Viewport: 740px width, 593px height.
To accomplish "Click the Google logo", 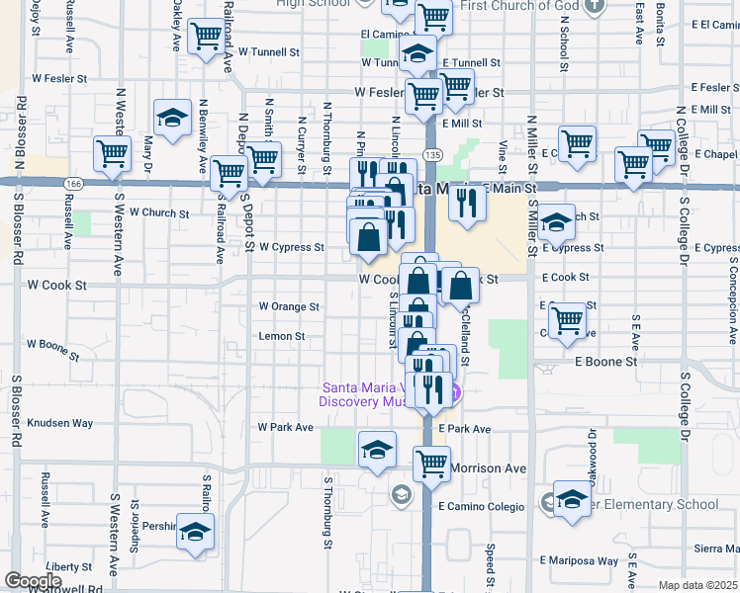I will [x=33, y=581].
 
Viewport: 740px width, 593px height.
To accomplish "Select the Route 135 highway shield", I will [x=432, y=155].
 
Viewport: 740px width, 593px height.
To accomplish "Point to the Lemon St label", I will [x=281, y=336].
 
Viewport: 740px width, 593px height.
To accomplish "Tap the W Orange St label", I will [x=289, y=306].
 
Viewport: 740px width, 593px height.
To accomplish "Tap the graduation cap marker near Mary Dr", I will [x=173, y=119].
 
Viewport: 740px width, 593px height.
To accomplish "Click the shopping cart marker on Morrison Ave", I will [x=431, y=462].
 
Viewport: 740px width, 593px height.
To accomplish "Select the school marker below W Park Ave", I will [x=377, y=450].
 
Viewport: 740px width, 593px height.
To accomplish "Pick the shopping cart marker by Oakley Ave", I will [x=206, y=38].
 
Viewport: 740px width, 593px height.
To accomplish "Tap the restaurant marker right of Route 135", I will [x=464, y=202].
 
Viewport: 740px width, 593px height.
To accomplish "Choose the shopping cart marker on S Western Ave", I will [x=113, y=154].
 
